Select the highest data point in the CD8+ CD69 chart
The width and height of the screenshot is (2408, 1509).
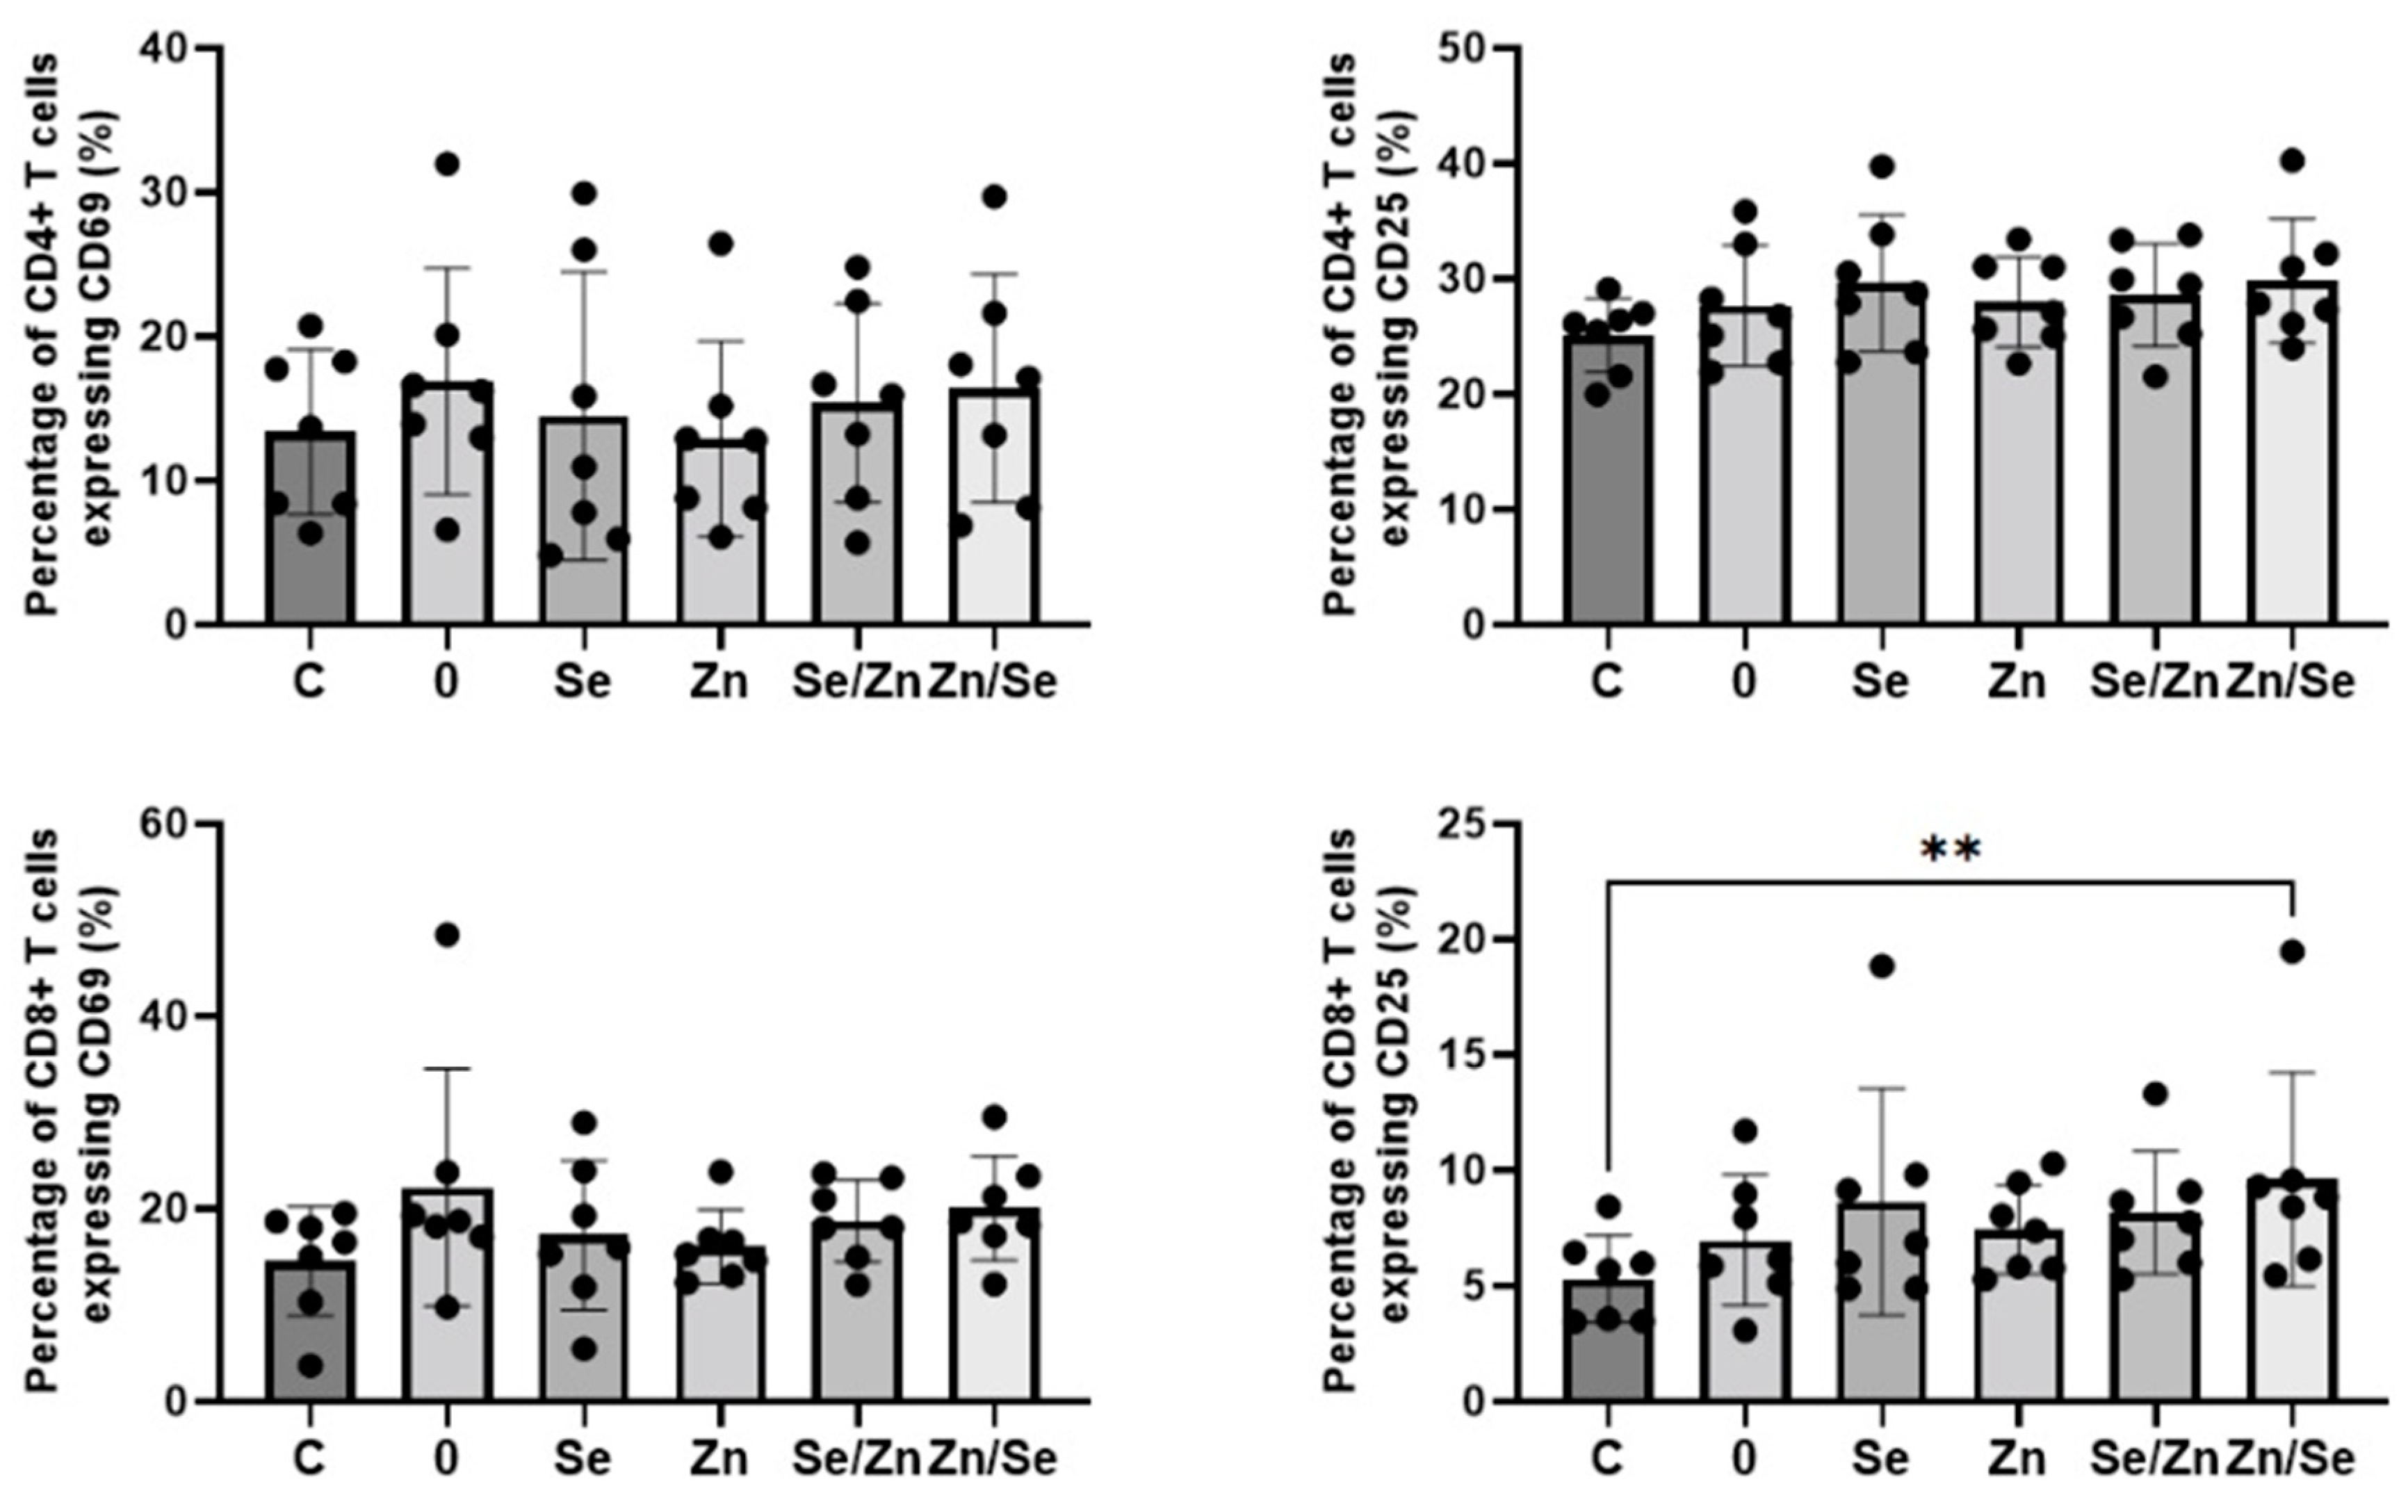[x=447, y=935]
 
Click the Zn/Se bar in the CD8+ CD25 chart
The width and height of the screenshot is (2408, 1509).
[x=2291, y=1298]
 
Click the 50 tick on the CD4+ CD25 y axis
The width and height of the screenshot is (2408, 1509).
[x=1467, y=48]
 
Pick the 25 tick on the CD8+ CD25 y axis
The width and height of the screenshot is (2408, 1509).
[x=1467, y=824]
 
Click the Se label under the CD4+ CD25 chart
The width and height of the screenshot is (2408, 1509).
[x=1880, y=682]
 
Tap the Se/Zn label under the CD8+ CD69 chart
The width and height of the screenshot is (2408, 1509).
[x=855, y=1458]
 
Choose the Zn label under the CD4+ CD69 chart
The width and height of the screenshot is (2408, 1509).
[x=719, y=682]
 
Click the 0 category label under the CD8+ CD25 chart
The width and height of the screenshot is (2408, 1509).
[x=1743, y=1458]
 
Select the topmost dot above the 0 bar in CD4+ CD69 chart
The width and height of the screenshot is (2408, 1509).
[x=447, y=163]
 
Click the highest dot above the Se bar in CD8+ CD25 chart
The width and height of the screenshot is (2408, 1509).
[x=1881, y=966]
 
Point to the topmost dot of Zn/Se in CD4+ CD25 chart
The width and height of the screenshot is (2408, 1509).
[x=2292, y=161]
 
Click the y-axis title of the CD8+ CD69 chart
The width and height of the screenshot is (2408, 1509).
[x=70, y=1110]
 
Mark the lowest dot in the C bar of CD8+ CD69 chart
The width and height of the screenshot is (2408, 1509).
[x=310, y=1365]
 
